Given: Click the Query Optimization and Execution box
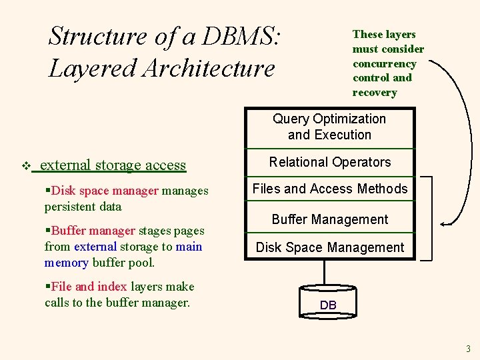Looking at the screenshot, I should pyautogui.click(x=329, y=127).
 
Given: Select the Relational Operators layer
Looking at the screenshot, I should pyautogui.click(x=329, y=162).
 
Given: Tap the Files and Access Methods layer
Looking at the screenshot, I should pyautogui.click(x=329, y=189).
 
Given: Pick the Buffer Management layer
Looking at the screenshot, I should pyautogui.click(x=329, y=219).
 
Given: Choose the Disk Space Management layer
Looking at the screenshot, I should pyautogui.click(x=329, y=247).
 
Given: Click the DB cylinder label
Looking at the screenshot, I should pyautogui.click(x=328, y=305).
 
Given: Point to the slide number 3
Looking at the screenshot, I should pyautogui.click(x=469, y=349).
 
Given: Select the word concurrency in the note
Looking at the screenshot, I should pyautogui.click(x=384, y=63).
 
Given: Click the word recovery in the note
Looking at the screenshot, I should pyautogui.click(x=374, y=93).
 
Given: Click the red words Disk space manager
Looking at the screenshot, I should pyautogui.click(x=105, y=191).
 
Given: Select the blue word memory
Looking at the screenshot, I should pyautogui.click(x=66, y=263).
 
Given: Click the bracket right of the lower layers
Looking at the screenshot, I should pyautogui.click(x=429, y=217).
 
